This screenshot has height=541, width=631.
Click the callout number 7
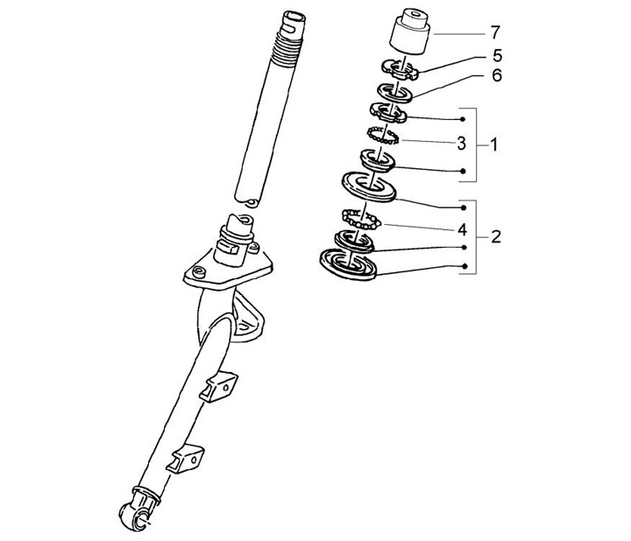(495, 32)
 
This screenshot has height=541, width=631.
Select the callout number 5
(498, 55)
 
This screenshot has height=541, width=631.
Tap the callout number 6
(498, 75)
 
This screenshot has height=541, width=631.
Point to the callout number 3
(462, 143)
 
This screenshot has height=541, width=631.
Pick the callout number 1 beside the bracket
(494, 144)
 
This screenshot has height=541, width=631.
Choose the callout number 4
(463, 230)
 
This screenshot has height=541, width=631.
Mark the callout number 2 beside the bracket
(496, 236)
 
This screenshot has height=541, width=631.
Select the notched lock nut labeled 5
(401, 69)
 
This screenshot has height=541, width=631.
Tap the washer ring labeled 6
(394, 93)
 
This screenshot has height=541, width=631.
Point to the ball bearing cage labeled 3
(383, 135)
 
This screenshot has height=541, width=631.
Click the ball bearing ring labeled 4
(361, 220)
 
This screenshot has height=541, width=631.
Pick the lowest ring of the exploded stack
(348, 263)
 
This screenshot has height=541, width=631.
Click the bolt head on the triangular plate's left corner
(198, 272)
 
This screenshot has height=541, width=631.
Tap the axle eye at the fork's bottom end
(135, 516)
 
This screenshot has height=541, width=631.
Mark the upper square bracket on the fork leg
(218, 386)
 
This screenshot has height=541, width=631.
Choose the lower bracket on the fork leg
(185, 459)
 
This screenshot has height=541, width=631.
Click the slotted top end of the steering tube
(294, 24)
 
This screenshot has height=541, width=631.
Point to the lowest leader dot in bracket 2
(464, 266)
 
